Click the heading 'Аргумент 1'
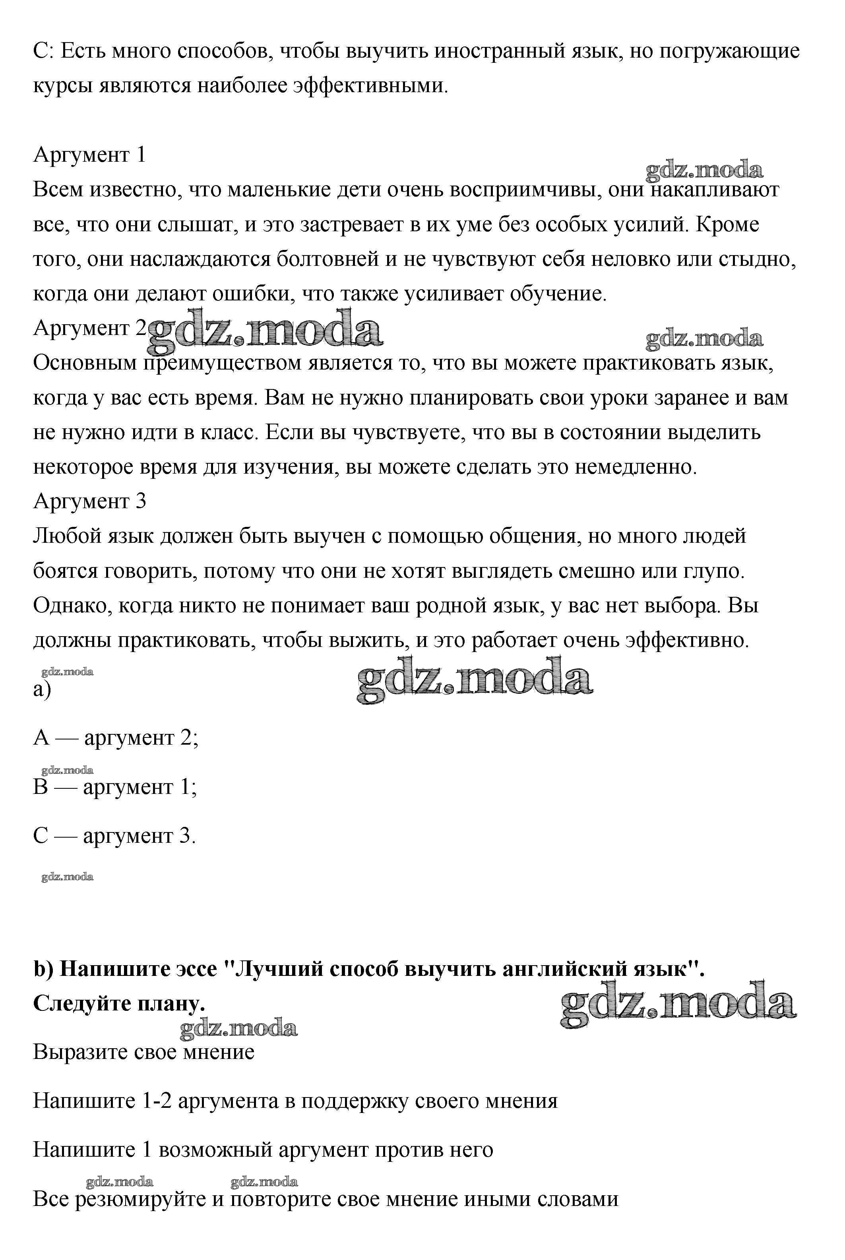(89, 155)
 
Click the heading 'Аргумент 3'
(89, 501)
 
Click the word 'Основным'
(85, 363)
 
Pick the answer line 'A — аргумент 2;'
(116, 737)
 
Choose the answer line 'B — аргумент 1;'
(115, 787)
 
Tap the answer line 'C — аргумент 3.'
(114, 836)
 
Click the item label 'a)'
(42, 689)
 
